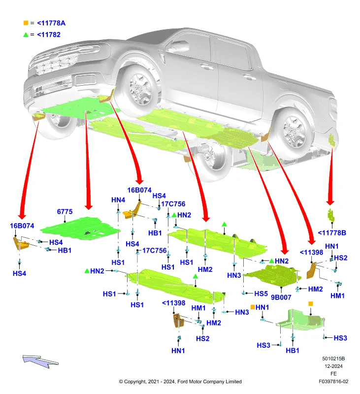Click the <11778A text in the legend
coord(51,23)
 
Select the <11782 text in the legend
coord(49,34)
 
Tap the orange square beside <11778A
coord(26,23)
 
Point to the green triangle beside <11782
coord(26,34)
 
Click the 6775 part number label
coord(65,212)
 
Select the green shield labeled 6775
coord(80,229)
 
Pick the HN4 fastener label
coord(118,200)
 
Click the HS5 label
coord(261,294)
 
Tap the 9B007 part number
coord(281,297)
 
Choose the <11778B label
coord(332,233)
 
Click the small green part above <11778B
coord(331,215)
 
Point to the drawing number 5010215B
coord(333,359)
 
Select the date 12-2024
coord(333,366)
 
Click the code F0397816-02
coord(333,381)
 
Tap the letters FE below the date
coord(333,374)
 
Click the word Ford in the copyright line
coord(183,382)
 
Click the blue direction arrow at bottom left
coord(40,361)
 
